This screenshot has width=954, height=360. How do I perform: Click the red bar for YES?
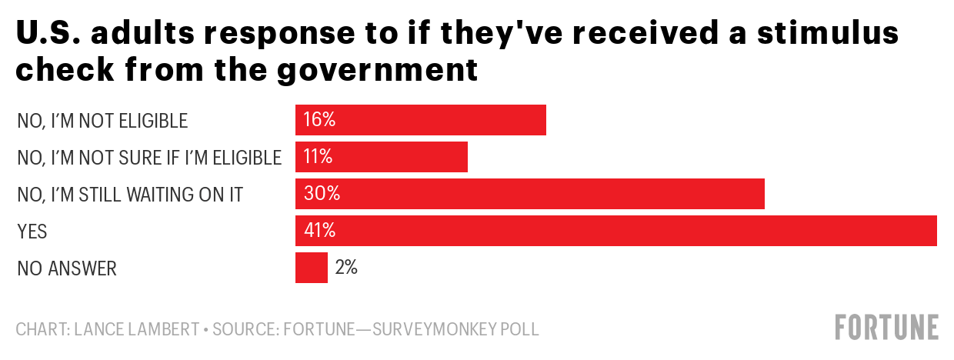point(615,231)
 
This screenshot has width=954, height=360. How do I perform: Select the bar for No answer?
point(312,268)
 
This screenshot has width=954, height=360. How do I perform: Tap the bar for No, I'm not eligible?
point(421,120)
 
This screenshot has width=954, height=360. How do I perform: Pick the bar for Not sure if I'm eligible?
point(382,157)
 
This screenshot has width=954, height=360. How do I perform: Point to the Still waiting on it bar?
point(530,194)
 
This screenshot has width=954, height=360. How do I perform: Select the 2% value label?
point(346,268)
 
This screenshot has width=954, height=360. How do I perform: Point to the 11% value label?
point(318,157)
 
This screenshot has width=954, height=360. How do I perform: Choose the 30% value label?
point(322,194)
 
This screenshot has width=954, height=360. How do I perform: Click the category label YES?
point(32,232)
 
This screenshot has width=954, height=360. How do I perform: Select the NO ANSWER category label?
point(66,268)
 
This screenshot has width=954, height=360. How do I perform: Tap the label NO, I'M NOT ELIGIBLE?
point(102,121)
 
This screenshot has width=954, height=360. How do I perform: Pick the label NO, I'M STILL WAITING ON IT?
point(130,195)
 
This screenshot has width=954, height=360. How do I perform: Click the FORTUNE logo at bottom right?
point(887,327)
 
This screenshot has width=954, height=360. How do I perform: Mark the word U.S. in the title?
point(48,35)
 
